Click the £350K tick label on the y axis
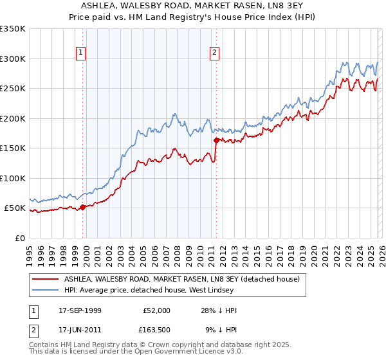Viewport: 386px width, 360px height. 13,29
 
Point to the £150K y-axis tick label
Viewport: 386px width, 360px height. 13,148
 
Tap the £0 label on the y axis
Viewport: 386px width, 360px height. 20,238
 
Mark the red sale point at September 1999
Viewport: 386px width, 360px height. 83,207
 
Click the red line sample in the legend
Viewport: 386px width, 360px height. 46,280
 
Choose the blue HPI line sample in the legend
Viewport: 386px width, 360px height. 46,289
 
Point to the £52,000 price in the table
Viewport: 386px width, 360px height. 157,310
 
